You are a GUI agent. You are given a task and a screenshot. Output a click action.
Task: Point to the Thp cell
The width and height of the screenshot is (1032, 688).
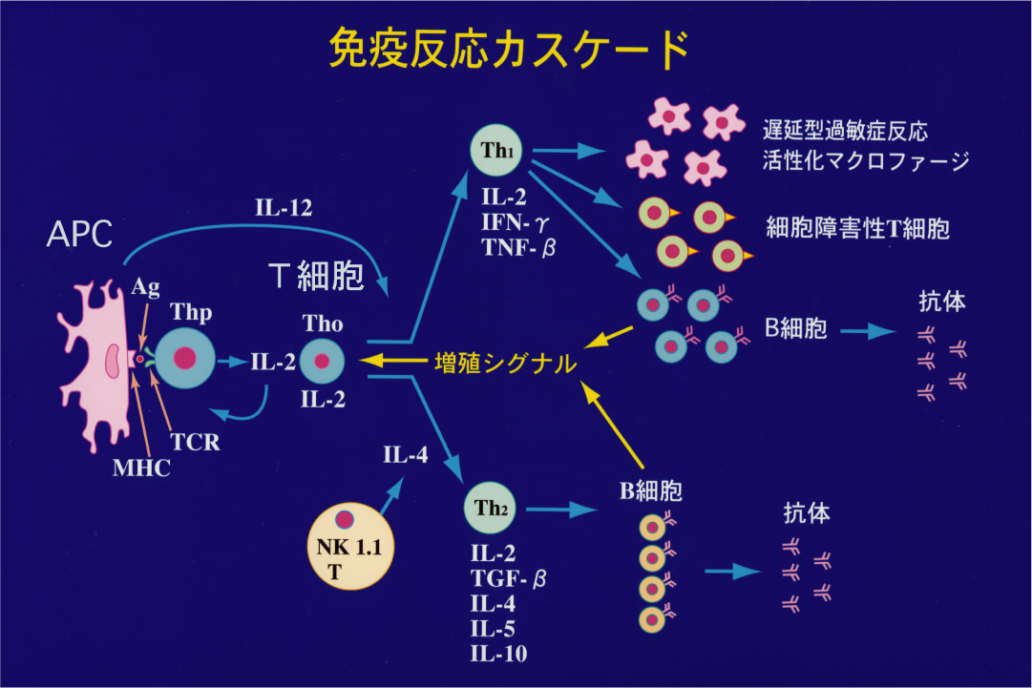click(x=186, y=359)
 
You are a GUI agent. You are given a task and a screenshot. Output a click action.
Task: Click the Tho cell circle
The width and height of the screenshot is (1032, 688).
click(x=322, y=362)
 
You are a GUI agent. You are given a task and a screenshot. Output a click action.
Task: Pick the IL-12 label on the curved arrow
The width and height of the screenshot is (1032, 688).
click(x=284, y=208)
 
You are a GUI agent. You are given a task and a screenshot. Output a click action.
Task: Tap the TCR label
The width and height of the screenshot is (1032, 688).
click(x=196, y=442)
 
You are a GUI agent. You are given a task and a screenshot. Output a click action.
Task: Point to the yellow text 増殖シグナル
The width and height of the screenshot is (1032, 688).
click(x=505, y=364)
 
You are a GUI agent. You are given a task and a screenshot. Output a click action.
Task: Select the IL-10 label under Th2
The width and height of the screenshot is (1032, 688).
click(x=498, y=654)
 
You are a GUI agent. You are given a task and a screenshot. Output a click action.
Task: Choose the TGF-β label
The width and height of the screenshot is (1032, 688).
click(x=509, y=579)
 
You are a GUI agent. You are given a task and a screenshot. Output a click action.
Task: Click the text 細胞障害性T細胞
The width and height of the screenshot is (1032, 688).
click(x=857, y=229)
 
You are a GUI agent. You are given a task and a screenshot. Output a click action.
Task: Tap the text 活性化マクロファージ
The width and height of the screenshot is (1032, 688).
click(x=866, y=159)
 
